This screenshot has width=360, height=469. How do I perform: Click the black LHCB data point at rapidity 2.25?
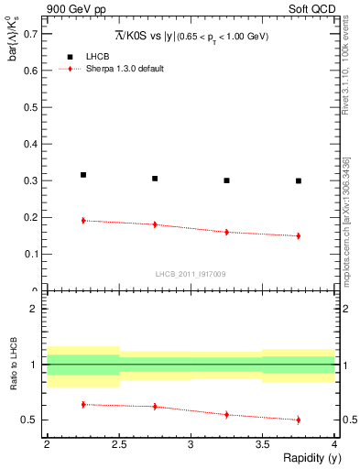(x=83, y=174)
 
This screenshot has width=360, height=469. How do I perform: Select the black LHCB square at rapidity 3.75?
(x=299, y=180)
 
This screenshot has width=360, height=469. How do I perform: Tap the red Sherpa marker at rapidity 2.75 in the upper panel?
(x=155, y=224)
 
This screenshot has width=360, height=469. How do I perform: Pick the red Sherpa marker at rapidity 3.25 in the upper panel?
(x=227, y=232)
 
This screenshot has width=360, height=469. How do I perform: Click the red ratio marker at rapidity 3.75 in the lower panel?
(x=299, y=420)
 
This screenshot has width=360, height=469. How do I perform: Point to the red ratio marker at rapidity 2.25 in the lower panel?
(x=83, y=404)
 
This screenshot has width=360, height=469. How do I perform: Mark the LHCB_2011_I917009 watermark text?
(x=191, y=274)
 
